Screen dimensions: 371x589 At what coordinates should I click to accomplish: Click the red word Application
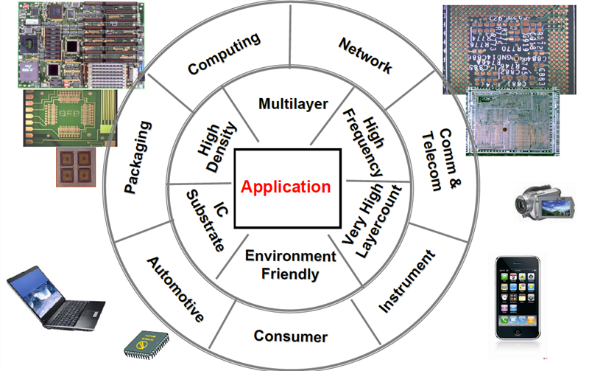click(x=287, y=186)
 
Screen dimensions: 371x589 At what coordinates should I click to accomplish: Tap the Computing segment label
click(x=225, y=54)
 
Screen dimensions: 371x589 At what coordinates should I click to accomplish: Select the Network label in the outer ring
click(x=365, y=55)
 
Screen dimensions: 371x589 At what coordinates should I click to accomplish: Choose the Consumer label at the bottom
click(x=290, y=337)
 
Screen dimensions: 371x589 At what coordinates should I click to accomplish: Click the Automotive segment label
click(x=174, y=288)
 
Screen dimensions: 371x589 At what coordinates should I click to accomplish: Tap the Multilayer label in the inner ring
click(x=293, y=103)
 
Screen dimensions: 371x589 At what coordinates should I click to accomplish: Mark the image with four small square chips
click(x=76, y=167)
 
